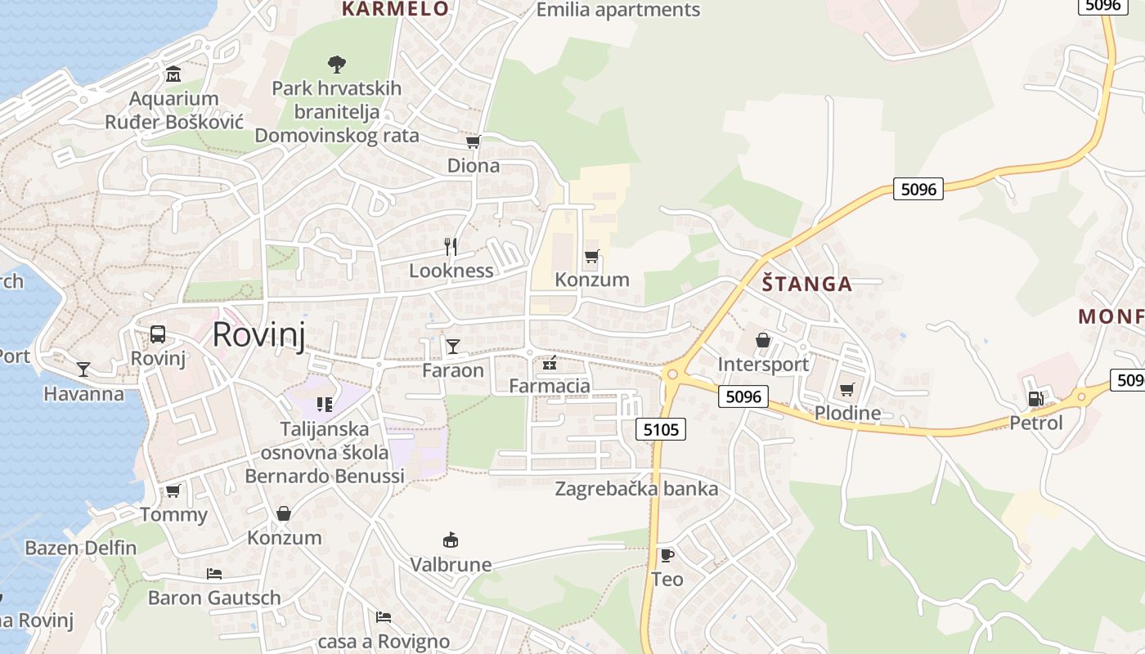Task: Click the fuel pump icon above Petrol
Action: pos(1035,399)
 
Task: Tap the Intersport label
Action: pos(762,365)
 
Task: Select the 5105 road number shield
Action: pos(661,429)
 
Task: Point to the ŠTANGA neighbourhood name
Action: pos(806,284)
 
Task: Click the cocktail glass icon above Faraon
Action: pos(452,347)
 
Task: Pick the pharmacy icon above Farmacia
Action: pos(550,362)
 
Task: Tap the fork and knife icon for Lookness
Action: pos(450,246)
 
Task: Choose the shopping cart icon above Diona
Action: pos(473,141)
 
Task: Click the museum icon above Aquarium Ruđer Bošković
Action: pos(173,75)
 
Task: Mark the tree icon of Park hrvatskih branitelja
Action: pos(335,64)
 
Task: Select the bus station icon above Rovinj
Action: pos(158,334)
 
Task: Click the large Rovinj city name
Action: pos(258,336)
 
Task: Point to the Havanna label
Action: pos(83,394)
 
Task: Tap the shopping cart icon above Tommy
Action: pos(173,490)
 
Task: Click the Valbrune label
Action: pos(451,565)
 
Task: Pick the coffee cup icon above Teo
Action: pos(667,556)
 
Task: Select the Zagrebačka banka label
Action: pos(636,490)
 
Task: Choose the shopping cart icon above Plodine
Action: pos(847,389)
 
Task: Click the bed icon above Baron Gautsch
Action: pos(214,574)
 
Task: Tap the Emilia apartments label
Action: pos(618,10)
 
